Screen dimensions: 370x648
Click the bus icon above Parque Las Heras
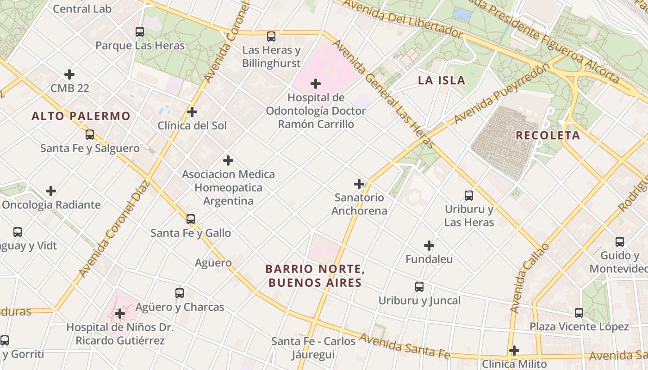140,32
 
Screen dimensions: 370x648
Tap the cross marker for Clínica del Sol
192,112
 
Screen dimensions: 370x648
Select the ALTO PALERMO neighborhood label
81,116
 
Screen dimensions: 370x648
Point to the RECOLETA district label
548,136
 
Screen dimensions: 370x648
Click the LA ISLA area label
442,80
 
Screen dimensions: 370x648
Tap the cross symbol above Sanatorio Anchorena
359,184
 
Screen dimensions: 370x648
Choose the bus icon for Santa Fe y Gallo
191,219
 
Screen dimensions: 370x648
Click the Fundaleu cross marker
429,246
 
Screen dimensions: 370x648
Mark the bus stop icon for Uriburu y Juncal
419,287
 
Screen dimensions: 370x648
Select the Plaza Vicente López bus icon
579,313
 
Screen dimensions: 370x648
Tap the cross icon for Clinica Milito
514,351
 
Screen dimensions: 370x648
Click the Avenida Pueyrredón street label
503,93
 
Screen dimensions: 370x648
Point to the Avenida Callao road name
529,277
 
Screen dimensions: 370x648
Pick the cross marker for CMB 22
69,74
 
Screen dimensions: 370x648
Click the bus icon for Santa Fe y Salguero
90,135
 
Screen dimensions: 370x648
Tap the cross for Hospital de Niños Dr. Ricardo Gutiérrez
120,314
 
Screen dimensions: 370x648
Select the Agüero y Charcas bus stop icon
180,293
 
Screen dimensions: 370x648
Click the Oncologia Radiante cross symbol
51,191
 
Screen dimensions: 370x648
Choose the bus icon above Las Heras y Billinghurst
271,36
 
